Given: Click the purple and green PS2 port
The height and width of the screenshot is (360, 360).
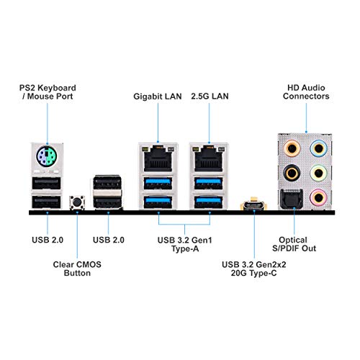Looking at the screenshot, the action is pyautogui.click(x=47, y=156).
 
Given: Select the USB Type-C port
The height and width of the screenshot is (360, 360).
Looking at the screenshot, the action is pyautogui.click(x=254, y=206).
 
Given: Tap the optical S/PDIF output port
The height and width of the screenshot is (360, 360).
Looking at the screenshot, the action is pyautogui.click(x=291, y=199).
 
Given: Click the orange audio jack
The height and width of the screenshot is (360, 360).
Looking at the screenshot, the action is pyautogui.click(x=292, y=148).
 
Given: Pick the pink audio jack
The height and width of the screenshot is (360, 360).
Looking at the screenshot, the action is pyautogui.click(x=318, y=198).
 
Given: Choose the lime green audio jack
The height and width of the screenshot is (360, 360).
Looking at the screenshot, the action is pyautogui.click(x=318, y=173).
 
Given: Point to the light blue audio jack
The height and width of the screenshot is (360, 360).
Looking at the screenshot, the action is pyautogui.click(x=318, y=148).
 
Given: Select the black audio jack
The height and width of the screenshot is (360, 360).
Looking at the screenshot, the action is pyautogui.click(x=292, y=173).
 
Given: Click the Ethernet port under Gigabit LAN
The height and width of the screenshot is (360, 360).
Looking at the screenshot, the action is pyautogui.click(x=158, y=158).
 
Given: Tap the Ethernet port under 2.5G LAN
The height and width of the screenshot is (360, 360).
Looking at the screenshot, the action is pyautogui.click(x=209, y=158).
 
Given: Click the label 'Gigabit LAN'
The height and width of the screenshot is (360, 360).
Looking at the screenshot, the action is pyautogui.click(x=158, y=96).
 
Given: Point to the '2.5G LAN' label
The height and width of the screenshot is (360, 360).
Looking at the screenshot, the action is pyautogui.click(x=210, y=96).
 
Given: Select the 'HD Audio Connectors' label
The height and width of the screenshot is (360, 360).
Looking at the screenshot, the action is pyautogui.click(x=306, y=92).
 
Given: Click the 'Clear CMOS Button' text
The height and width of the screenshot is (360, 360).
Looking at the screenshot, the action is pyautogui.click(x=77, y=269).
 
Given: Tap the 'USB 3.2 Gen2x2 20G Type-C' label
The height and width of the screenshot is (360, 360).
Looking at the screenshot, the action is pyautogui.click(x=254, y=269).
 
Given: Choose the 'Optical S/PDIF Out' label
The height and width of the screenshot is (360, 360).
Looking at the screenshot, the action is pyautogui.click(x=294, y=244).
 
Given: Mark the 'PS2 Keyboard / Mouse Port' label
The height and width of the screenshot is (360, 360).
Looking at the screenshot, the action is pyautogui.click(x=48, y=92).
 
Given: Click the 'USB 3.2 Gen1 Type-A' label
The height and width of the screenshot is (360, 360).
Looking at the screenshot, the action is pyautogui.click(x=185, y=244).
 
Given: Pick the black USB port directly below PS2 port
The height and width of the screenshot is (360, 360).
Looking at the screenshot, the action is pyautogui.click(x=46, y=184).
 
